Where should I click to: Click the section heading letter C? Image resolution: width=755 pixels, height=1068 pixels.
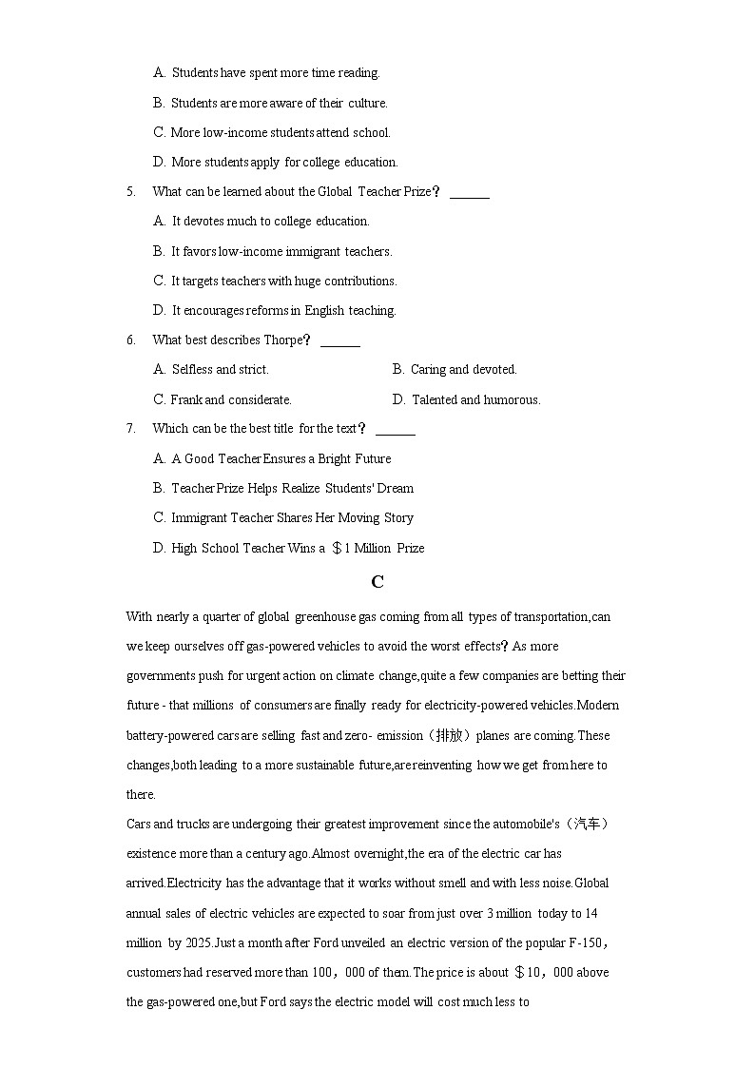pyautogui.click(x=377, y=582)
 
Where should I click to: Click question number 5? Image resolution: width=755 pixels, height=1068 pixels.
pyautogui.click(x=130, y=191)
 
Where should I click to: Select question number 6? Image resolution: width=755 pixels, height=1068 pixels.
pyautogui.click(x=130, y=340)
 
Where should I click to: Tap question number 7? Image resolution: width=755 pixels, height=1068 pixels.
pyautogui.click(x=130, y=428)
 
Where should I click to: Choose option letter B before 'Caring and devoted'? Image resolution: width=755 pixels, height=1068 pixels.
pyautogui.click(x=397, y=369)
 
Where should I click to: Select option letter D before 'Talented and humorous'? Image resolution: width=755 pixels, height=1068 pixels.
pyautogui.click(x=397, y=399)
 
